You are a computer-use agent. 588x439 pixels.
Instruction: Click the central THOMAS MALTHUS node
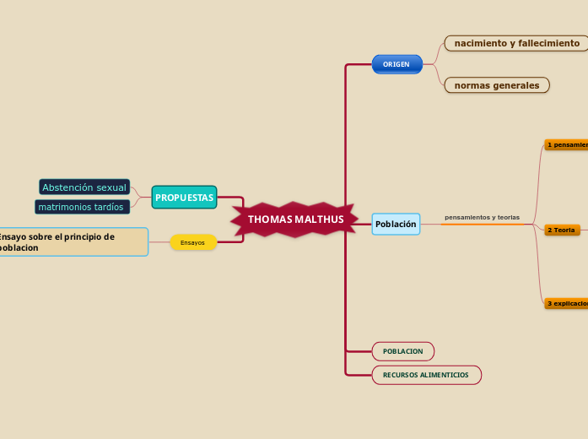click(295, 219)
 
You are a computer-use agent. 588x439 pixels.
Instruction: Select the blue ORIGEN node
click(396, 64)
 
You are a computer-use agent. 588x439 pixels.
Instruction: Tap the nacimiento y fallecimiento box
click(516, 43)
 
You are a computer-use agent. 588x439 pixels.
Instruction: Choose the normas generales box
click(497, 85)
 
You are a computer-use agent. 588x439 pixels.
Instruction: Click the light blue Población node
click(396, 224)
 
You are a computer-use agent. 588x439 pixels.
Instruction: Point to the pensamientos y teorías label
click(482, 218)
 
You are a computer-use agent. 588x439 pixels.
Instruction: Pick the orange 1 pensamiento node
click(566, 144)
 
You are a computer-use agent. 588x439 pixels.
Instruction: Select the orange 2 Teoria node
click(562, 230)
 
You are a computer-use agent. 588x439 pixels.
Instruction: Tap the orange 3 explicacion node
click(566, 303)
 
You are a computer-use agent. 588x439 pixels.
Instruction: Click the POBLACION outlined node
click(402, 351)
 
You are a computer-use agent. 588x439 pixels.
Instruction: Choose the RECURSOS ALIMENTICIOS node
click(426, 375)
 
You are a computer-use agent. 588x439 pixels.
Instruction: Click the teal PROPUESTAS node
click(184, 198)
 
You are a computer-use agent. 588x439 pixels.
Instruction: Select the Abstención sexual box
click(84, 187)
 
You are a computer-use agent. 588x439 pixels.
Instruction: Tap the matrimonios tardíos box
click(82, 207)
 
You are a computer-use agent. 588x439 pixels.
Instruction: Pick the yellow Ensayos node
click(192, 242)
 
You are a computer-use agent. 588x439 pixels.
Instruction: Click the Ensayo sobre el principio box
click(73, 242)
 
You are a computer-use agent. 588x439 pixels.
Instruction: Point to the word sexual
click(111, 187)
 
